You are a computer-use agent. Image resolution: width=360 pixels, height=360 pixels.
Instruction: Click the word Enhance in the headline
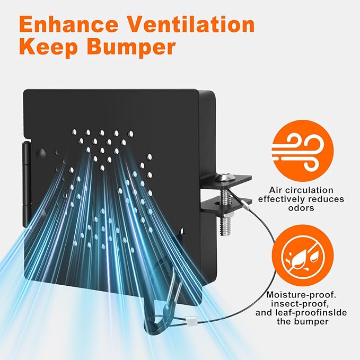pos(69,24)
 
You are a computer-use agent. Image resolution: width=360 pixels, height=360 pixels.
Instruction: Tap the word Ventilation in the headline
pos(191,24)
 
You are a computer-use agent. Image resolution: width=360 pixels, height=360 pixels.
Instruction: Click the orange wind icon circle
pos(302,151)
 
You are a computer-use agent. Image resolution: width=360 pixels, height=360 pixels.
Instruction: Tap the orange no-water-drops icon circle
pos(303,256)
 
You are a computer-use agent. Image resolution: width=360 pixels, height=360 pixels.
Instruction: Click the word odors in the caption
pos(301,208)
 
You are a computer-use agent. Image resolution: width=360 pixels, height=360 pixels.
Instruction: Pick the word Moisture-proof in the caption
pos(301,295)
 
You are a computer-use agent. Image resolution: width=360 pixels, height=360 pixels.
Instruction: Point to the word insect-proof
pos(300,303)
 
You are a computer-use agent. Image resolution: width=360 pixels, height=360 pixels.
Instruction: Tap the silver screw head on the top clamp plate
pos(227,176)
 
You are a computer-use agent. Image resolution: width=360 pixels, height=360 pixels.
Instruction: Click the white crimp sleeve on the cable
pos(190,320)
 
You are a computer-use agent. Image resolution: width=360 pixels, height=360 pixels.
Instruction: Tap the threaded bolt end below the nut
pos(225,227)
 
